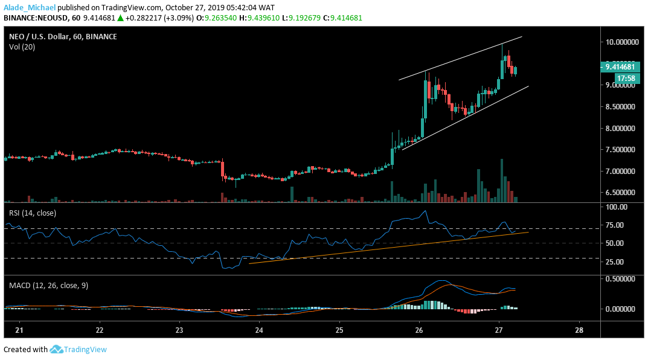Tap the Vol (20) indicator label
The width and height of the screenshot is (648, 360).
click(x=22, y=47)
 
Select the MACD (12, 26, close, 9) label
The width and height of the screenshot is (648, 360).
click(x=48, y=285)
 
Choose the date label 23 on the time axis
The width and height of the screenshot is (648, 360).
click(x=179, y=330)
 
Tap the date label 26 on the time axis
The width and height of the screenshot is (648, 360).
click(x=419, y=330)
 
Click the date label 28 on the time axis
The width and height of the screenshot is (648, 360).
click(x=579, y=330)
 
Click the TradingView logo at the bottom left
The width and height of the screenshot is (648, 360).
click(x=79, y=349)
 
